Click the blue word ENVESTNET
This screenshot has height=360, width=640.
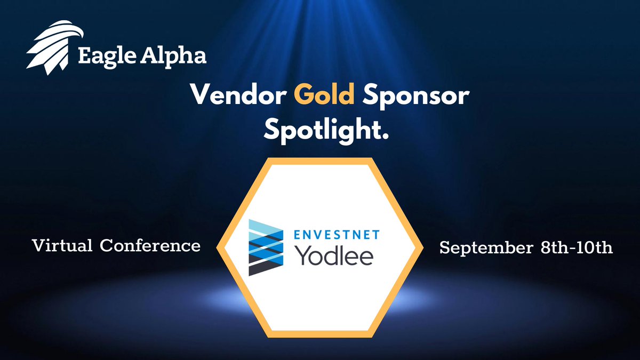click(x=334, y=233)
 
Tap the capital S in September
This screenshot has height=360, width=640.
click(x=444, y=248)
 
